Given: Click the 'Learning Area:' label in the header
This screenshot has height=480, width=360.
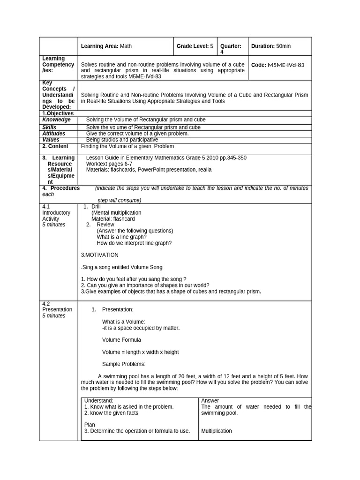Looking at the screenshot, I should pos(100,46).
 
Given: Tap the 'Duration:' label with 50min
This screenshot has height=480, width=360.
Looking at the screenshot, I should pos(262,46).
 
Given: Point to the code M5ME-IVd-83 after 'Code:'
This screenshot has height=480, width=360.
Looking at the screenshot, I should pos(286,65).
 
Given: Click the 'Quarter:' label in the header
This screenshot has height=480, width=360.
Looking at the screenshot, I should pos(231,46).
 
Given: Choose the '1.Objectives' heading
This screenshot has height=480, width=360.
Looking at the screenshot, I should pos(58,113).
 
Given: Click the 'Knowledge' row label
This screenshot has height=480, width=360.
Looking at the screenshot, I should pos(56,120).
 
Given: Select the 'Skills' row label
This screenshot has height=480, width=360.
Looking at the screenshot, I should pos(49,127).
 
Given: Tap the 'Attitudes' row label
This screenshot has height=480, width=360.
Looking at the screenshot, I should pos(53,134).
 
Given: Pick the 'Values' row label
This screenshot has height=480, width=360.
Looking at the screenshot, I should pos(51,140).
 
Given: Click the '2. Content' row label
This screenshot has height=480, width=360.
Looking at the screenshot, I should pos(55,146).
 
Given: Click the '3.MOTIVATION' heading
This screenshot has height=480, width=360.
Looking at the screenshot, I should pos(99,255).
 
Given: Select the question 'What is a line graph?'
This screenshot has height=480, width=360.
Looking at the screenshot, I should pos(121,237).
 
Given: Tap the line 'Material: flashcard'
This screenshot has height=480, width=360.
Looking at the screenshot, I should pos(113,219).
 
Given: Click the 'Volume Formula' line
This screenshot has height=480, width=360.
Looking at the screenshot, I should pos(121,340).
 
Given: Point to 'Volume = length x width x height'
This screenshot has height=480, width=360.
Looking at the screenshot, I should pos(140,352).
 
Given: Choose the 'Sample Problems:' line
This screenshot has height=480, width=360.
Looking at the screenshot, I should pos(123,364).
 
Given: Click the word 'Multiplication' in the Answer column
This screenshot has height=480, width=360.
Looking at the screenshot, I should pos(216,431).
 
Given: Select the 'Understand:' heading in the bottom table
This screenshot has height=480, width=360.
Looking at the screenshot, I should pos(98,401).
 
